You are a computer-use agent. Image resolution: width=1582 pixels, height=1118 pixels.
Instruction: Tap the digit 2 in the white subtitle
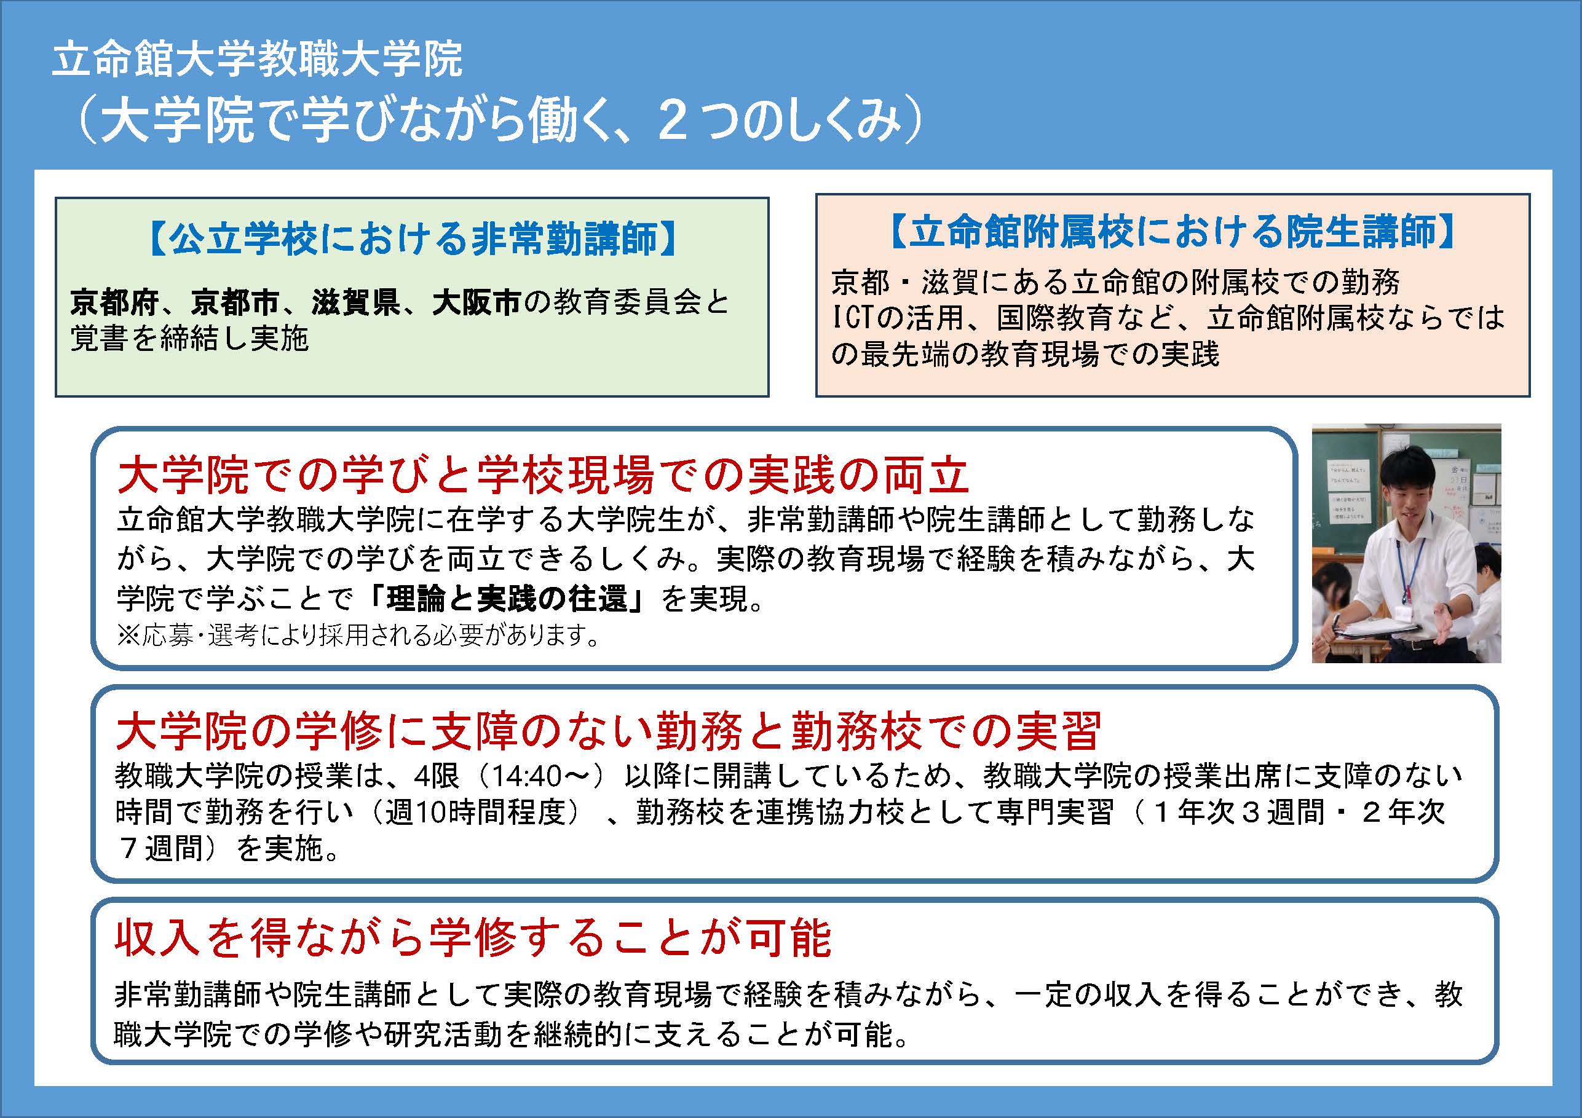point(672,122)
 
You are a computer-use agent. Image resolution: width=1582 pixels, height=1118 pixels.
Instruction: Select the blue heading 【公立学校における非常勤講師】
point(412,238)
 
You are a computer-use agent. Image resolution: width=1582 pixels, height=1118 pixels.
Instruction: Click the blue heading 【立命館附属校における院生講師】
point(1172,230)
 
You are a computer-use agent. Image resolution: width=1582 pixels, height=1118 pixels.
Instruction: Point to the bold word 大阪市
point(476,302)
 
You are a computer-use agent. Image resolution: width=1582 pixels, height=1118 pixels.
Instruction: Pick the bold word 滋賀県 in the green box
point(355,302)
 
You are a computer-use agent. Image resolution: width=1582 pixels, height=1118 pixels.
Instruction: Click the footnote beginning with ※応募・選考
point(359,634)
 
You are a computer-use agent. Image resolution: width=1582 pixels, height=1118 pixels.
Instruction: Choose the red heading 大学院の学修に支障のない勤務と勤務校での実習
point(609,730)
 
